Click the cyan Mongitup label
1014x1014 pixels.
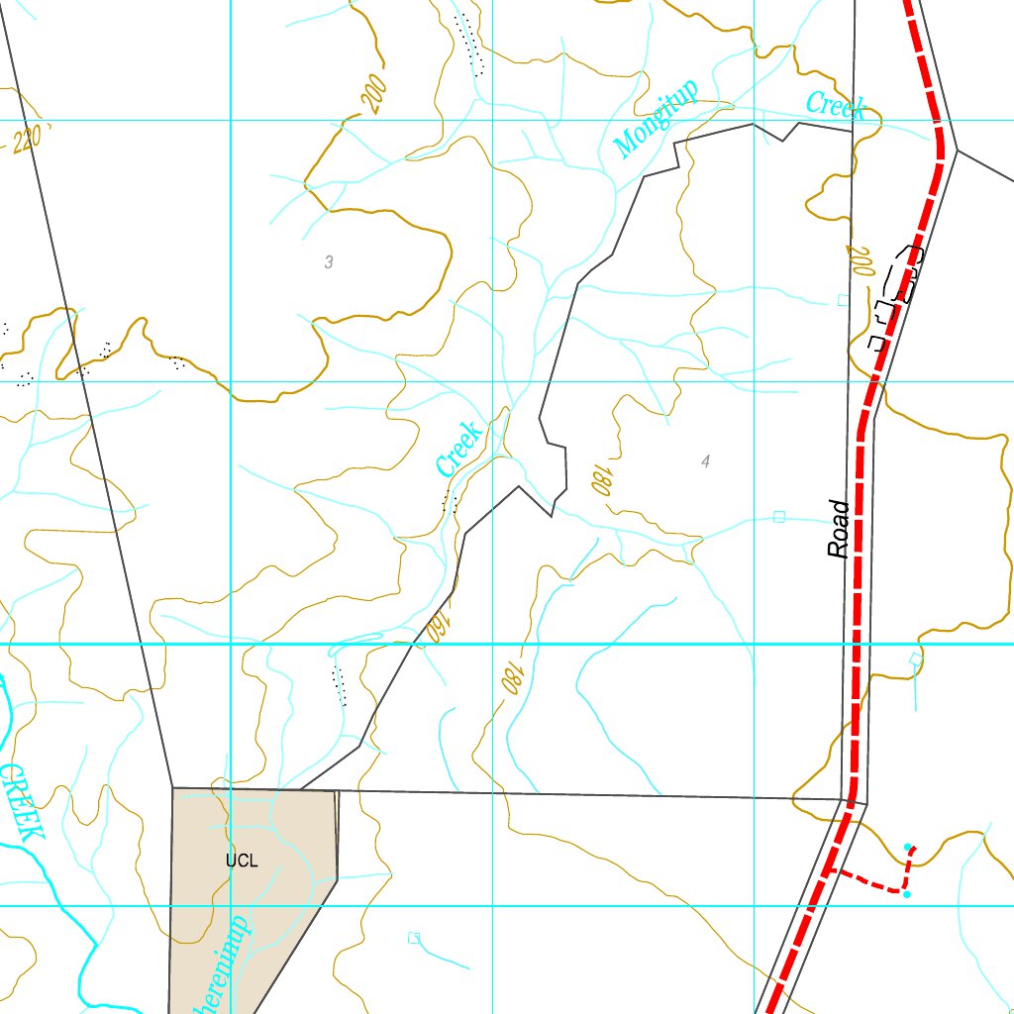tap(656, 118)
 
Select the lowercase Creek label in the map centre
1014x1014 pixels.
tap(458, 448)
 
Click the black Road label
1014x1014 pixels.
tap(840, 530)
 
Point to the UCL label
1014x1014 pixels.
tap(241, 861)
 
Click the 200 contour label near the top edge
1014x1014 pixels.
tap(373, 95)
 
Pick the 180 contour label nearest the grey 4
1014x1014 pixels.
tap(600, 480)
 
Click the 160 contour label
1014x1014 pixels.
tap(436, 628)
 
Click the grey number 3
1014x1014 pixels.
tap(329, 262)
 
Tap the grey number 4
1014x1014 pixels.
tap(705, 461)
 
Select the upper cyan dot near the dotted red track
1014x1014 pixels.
tap(907, 847)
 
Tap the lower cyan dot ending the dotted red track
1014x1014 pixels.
tap(906, 894)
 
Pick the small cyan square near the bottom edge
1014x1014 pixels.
tap(414, 937)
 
